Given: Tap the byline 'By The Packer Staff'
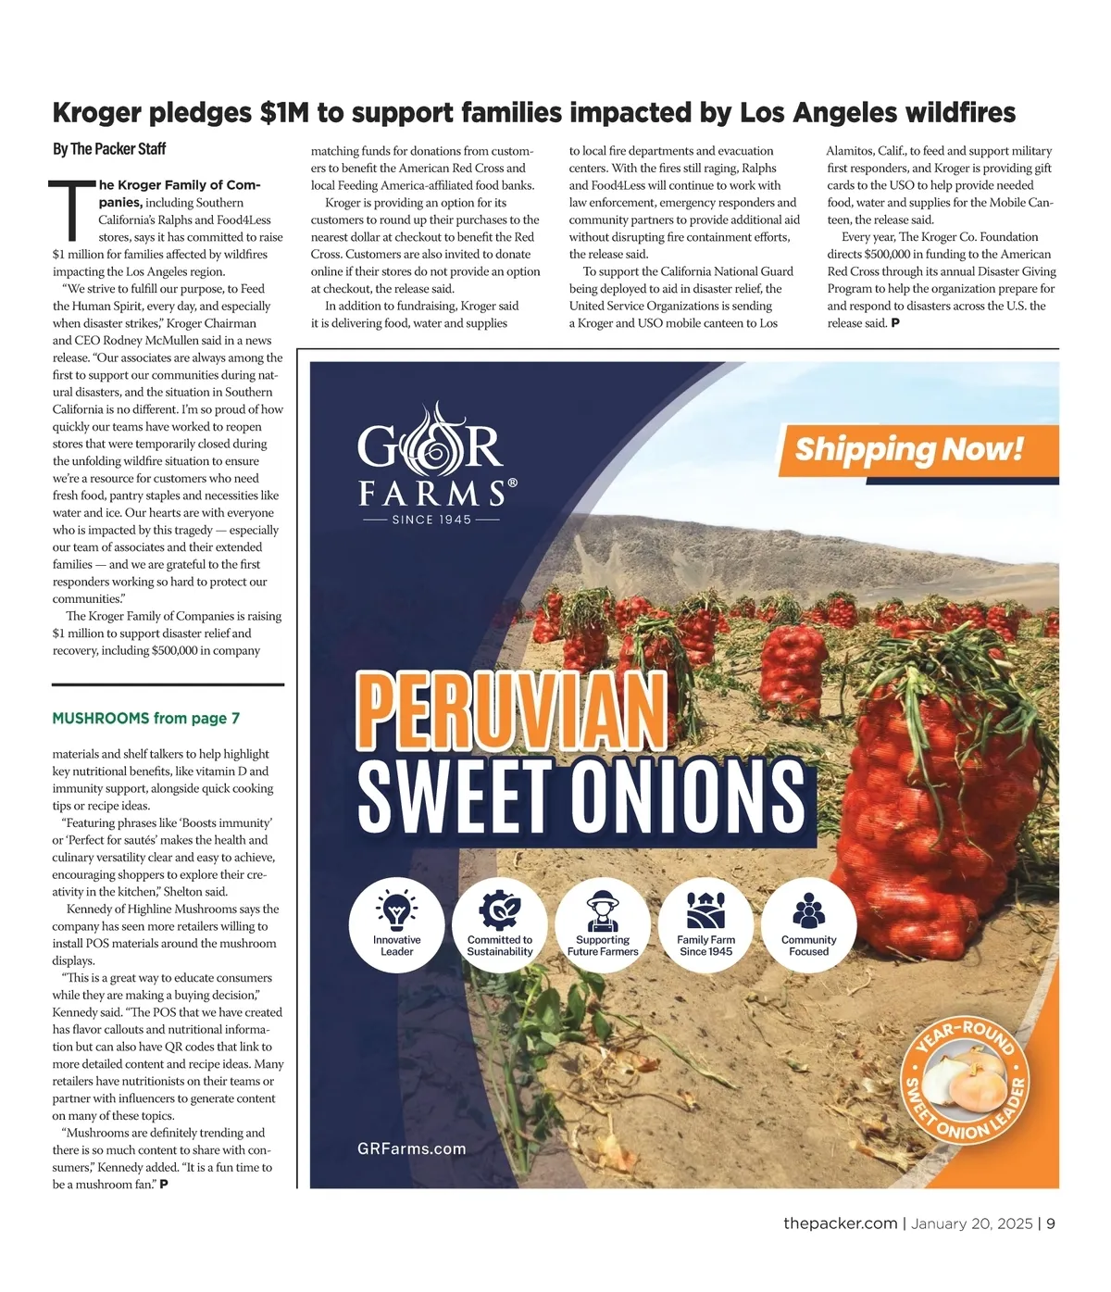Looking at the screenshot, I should tap(109, 149).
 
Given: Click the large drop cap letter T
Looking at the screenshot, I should tap(72, 209).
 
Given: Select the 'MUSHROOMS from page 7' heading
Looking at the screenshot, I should tap(146, 719).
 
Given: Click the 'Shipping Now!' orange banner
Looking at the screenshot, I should tap(910, 449).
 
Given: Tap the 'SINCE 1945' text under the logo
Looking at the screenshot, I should tap(431, 520).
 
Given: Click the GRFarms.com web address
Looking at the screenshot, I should tap(412, 1149).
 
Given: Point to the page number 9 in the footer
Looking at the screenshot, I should tap(1051, 1223).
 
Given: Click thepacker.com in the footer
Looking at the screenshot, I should tap(840, 1223).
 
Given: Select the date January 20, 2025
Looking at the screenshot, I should tap(971, 1223).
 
